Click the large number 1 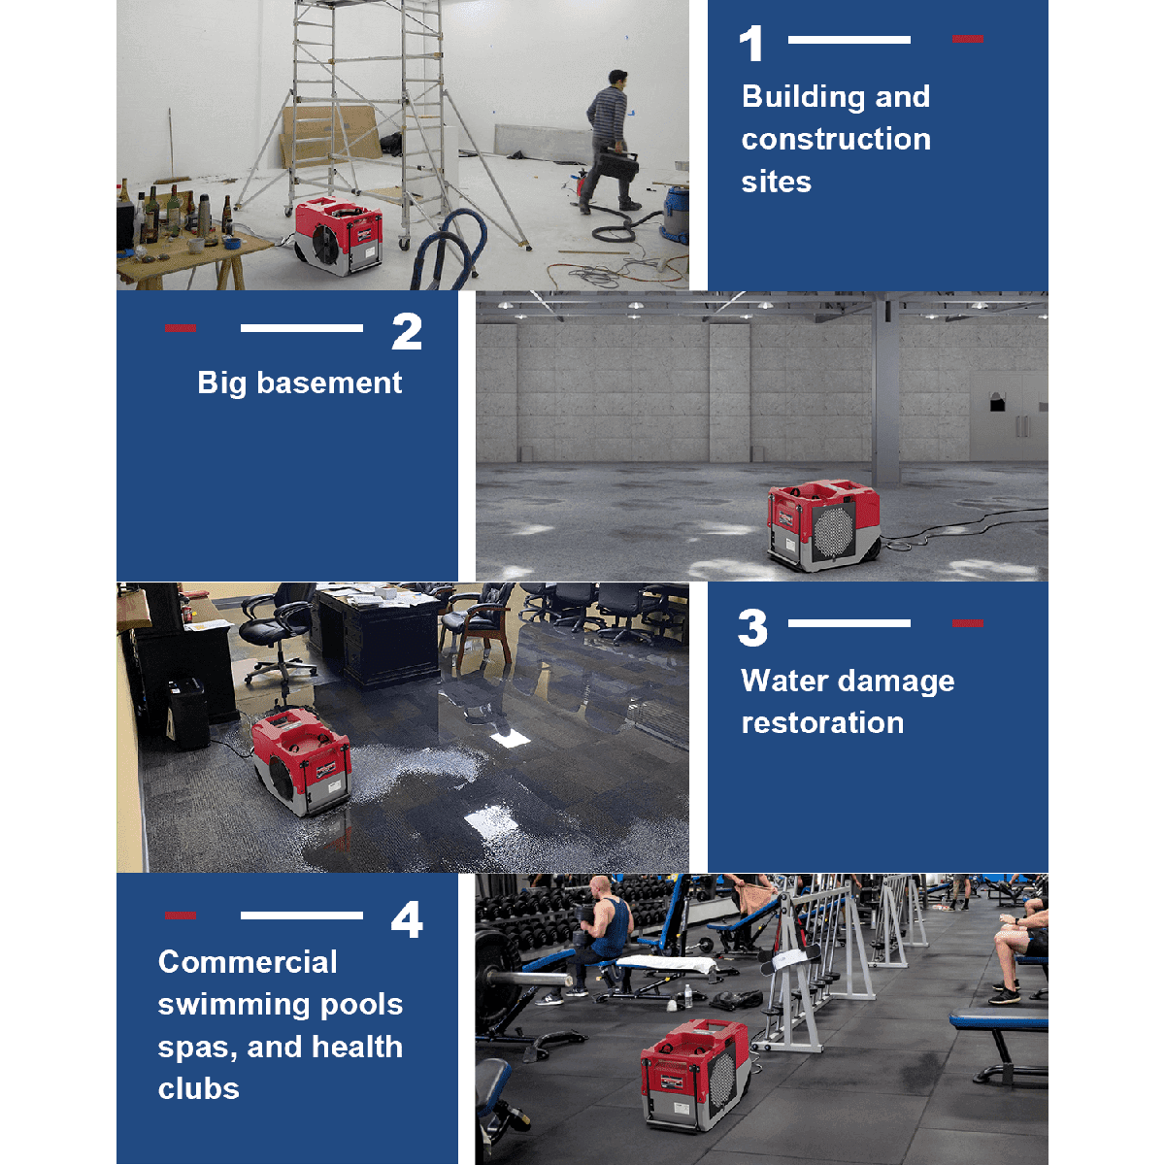point(751,44)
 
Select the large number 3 point(752,627)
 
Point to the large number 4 point(407,919)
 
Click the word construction point(836,139)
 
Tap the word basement point(329,383)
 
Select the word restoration point(822,723)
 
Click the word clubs point(198,1089)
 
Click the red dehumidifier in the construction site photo point(339,235)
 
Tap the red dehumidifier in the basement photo point(823,525)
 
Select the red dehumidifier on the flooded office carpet point(302,763)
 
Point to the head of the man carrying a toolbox point(617,80)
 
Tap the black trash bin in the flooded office point(187,714)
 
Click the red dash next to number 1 point(967,39)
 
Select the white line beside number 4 point(302,915)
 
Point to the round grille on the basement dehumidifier point(834,532)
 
